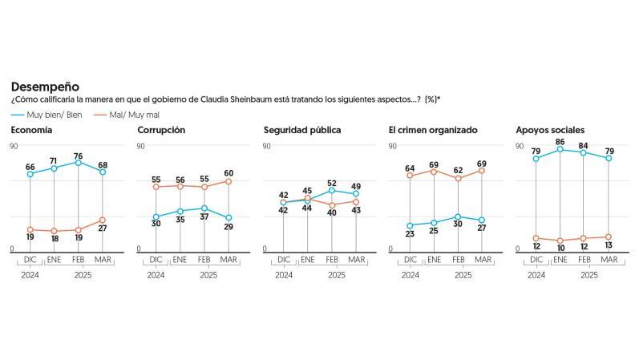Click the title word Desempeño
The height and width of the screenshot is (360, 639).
coord(44,87)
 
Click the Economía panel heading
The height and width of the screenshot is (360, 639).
coord(32,130)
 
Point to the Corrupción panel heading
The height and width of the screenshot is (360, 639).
coord(161,130)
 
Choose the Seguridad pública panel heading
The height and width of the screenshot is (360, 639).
coord(302,130)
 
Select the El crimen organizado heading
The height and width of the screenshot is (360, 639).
coord(432,130)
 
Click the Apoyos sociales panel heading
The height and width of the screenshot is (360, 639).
coord(550,130)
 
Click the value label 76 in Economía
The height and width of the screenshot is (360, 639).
coord(79,155)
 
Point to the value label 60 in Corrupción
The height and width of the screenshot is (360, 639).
coord(229,172)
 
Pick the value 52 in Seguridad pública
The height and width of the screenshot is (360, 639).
coord(333,182)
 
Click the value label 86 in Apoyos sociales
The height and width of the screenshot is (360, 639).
coord(560,141)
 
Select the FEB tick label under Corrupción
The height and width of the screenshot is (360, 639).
coord(205,260)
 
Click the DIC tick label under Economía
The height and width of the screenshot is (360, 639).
coord(30,260)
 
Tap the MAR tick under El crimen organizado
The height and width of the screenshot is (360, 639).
coord(483,260)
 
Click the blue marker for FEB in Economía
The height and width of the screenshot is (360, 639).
coord(79,163)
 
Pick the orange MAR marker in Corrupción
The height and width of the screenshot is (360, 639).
coord(229,181)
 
